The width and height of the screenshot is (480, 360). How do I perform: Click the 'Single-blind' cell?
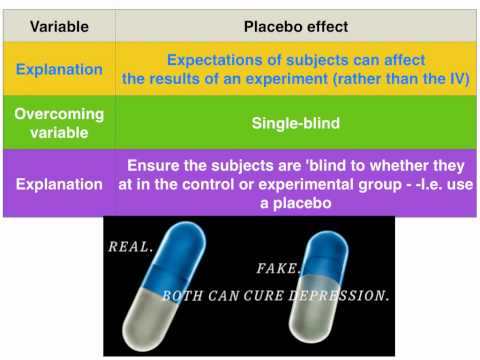point(296,124)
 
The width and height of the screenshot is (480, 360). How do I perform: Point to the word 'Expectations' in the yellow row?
point(214,61)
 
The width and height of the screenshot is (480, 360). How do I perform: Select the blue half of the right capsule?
point(330,255)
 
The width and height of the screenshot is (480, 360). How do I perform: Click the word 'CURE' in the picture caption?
point(263,297)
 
